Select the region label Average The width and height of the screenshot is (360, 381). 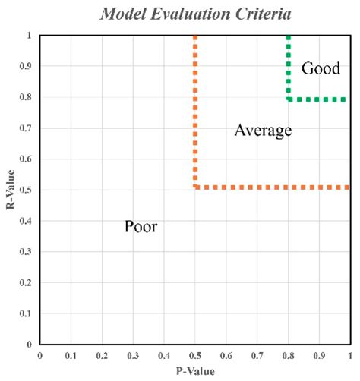263,131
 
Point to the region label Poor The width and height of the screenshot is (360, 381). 141,226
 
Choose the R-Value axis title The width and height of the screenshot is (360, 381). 10,190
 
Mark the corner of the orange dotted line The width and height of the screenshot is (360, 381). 196,187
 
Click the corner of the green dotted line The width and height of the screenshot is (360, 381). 289,99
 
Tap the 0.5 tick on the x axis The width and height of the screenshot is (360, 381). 194,355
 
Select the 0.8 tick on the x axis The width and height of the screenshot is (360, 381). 288,355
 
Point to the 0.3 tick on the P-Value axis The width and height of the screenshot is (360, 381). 133,355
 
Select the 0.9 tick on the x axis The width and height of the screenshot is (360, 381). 319,355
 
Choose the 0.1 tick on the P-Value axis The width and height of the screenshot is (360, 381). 71,355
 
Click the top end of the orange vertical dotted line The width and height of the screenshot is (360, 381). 196,36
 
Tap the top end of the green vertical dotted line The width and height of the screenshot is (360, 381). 289,36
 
